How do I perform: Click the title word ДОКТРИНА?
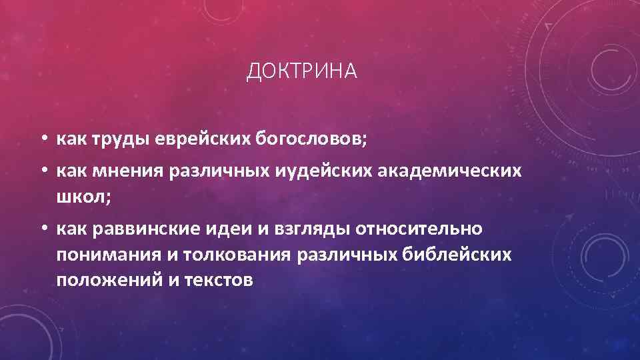[x=302, y=71]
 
